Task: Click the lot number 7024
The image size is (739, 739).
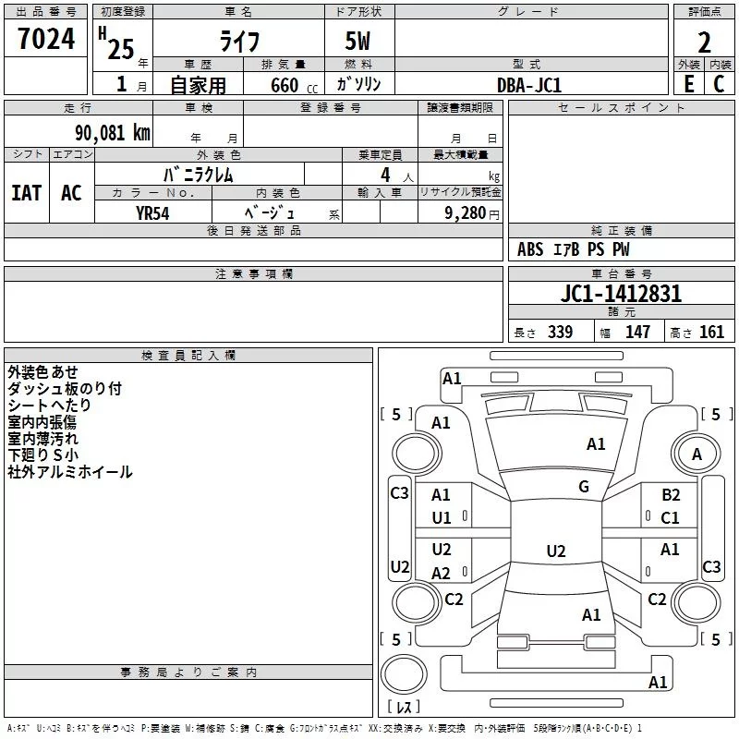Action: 46,39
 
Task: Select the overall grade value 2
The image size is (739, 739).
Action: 704,42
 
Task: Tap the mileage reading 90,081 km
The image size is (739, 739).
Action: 113,133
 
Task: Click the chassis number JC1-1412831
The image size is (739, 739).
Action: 621,294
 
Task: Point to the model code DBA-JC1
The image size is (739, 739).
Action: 529,85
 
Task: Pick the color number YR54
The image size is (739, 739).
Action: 152,213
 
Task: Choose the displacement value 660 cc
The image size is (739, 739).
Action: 294,85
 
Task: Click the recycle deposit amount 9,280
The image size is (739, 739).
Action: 466,213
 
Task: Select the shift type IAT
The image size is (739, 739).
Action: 27,193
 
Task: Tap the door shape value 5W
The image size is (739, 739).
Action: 357,41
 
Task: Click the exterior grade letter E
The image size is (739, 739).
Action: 689,84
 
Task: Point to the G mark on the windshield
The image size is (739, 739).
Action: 584,487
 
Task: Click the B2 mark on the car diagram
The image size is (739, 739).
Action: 671,495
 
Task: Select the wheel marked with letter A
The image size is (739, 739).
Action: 697,454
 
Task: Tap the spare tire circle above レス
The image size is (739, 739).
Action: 404,674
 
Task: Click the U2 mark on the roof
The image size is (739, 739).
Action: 556,551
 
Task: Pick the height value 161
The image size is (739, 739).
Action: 711,332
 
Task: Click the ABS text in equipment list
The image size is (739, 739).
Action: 530,249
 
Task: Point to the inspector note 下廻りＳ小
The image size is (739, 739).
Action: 42,454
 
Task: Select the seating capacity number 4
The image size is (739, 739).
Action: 385,176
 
